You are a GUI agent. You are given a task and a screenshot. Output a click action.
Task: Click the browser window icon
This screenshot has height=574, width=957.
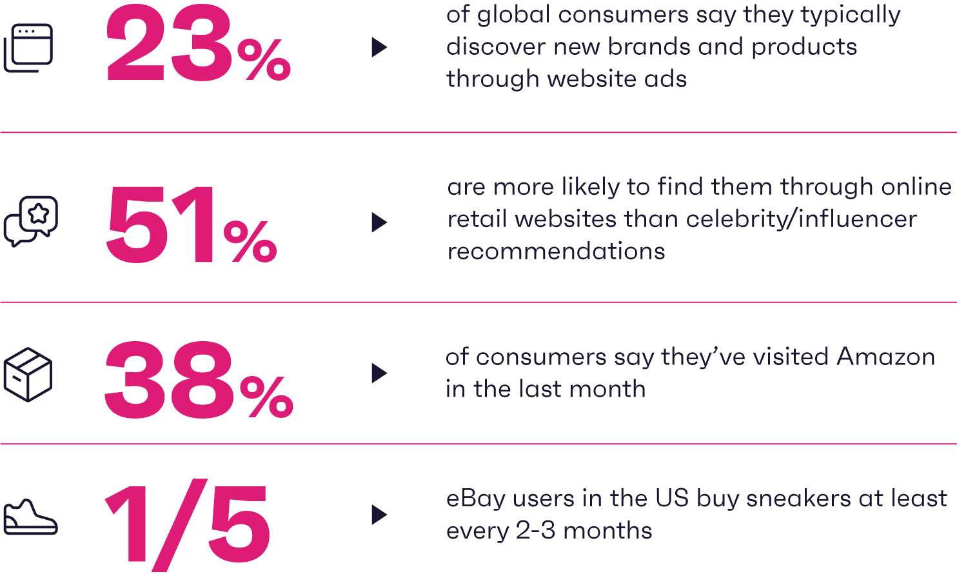[28, 48]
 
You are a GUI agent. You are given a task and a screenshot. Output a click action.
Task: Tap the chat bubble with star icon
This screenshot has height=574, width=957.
[31, 221]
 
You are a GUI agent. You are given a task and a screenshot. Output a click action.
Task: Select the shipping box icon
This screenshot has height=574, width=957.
[28, 375]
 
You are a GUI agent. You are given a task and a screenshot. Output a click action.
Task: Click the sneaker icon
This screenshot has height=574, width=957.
[30, 517]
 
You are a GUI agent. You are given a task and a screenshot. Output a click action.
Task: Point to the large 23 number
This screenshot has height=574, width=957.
[169, 44]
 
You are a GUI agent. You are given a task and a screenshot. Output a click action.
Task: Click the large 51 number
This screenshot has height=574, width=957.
[160, 224]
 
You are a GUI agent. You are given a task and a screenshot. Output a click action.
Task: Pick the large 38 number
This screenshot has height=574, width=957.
[169, 379]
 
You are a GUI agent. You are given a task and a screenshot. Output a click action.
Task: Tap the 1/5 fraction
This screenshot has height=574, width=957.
[188, 525]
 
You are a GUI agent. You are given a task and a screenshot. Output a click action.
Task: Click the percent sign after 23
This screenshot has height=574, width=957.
[264, 59]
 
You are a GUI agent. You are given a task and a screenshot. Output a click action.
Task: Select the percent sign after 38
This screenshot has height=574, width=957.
[267, 397]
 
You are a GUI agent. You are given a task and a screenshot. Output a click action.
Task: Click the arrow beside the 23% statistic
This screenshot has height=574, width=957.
[379, 47]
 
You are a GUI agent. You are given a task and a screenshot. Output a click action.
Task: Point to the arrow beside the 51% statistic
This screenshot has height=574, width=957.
[379, 223]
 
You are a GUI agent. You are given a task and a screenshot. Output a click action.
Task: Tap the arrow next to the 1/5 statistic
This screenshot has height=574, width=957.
[379, 515]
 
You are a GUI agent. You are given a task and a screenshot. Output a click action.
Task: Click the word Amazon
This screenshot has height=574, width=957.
[885, 357]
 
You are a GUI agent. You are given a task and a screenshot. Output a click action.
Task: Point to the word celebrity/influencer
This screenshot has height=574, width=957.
[802, 219]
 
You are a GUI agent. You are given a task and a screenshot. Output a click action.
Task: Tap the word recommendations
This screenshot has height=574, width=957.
[557, 251]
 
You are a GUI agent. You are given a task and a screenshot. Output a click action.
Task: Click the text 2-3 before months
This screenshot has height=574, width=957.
[536, 531]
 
